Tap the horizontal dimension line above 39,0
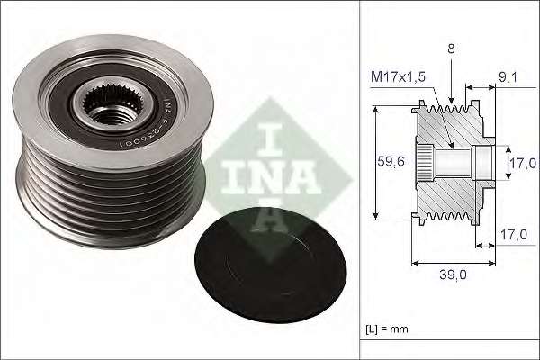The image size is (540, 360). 455,264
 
